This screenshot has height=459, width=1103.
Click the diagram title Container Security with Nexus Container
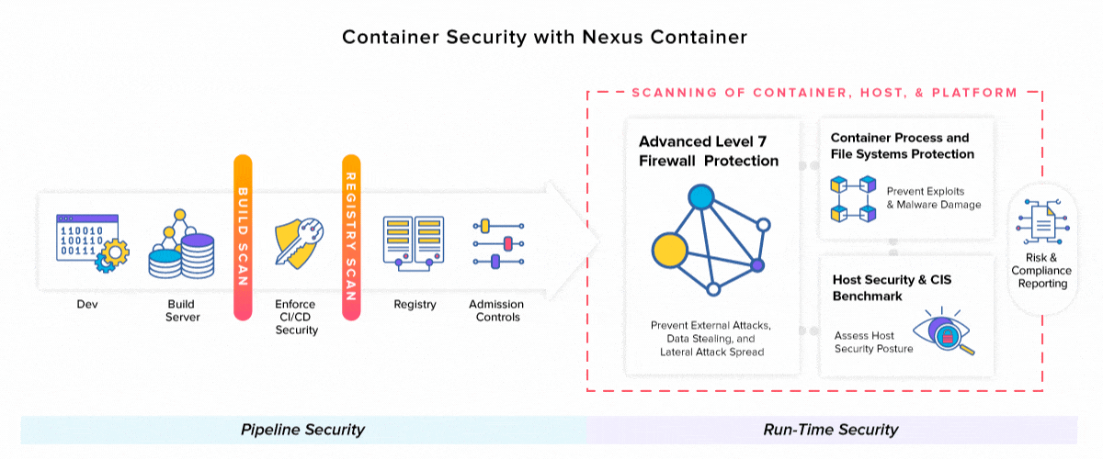(544, 38)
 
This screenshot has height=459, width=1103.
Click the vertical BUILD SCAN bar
(243, 237)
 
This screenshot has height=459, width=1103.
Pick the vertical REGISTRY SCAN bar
(350, 237)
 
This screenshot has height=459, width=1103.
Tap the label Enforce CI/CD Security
(296, 317)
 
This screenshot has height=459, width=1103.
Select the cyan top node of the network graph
(701, 196)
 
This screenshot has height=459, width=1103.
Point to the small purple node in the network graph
(757, 265)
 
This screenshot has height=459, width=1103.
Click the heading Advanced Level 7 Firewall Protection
(709, 151)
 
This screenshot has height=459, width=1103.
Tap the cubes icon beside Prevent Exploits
(850, 198)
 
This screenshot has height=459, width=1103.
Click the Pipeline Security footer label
(302, 430)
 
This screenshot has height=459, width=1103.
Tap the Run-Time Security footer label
(830, 430)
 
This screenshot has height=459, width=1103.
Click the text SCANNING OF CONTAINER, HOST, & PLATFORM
(824, 93)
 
